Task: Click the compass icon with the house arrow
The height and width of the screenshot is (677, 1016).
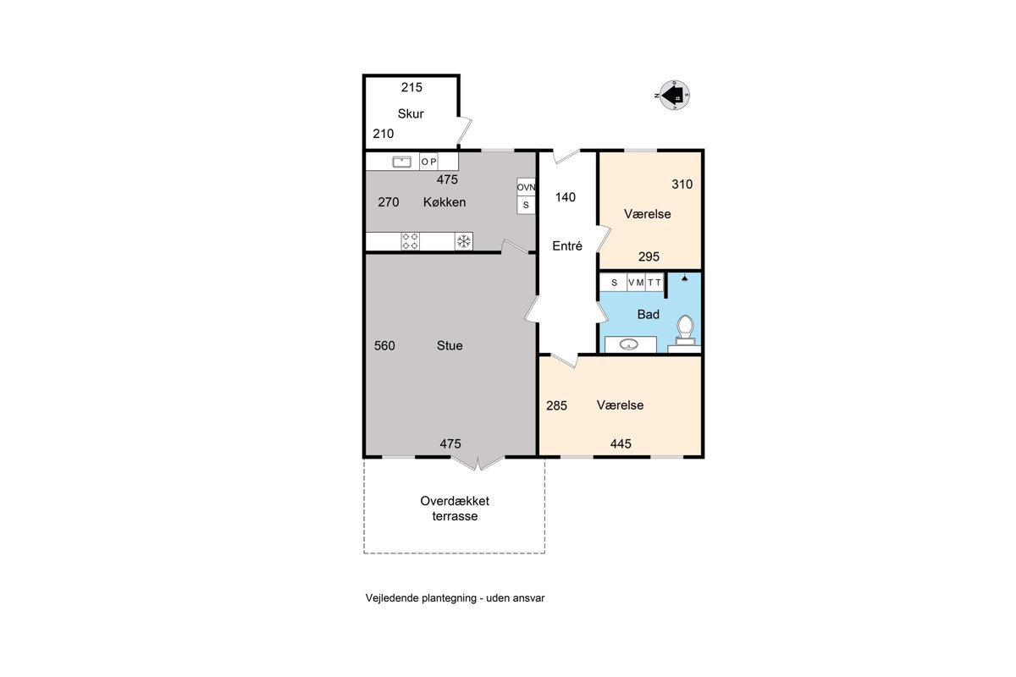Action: (x=674, y=96)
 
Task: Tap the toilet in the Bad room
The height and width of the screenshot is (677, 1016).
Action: (x=685, y=330)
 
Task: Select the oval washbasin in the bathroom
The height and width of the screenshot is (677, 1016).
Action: (x=628, y=344)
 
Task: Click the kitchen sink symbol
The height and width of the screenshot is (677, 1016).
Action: (x=401, y=162)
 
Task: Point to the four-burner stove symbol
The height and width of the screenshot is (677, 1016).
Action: (x=410, y=241)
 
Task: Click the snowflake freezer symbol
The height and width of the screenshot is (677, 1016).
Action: (x=464, y=241)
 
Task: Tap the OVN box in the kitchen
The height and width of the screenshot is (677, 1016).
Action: (x=526, y=187)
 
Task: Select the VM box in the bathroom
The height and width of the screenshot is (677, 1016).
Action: (x=636, y=283)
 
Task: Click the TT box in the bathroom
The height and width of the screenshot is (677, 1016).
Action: (x=654, y=283)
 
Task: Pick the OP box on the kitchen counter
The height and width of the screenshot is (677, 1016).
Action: (x=428, y=162)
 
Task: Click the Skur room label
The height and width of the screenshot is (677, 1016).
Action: (x=411, y=113)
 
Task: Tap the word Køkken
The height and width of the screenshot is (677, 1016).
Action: (x=444, y=202)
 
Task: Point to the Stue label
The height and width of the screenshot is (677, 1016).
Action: (x=450, y=345)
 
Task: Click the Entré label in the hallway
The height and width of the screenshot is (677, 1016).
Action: (x=567, y=245)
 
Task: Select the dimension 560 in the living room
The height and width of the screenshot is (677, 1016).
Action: (x=384, y=346)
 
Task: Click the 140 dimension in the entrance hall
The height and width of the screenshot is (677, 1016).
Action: (x=566, y=197)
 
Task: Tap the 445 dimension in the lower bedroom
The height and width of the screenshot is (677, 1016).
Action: (x=621, y=444)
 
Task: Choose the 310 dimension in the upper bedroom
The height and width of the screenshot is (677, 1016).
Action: (x=682, y=184)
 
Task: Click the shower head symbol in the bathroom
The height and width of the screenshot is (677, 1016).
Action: (x=684, y=278)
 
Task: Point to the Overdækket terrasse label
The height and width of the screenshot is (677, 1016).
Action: (x=455, y=509)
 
